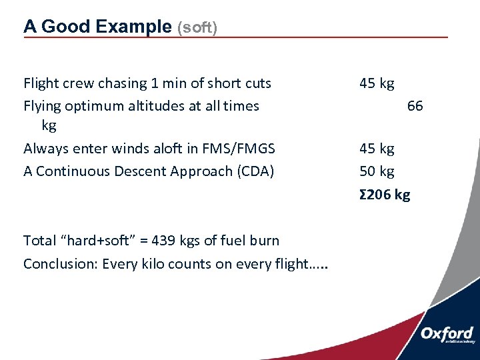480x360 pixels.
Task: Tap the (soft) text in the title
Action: pos(197,28)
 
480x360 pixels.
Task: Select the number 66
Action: pos(415,105)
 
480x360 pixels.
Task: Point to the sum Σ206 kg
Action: pos(385,195)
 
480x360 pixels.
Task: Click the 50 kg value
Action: pos(377,171)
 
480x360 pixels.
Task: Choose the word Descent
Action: pos(140,171)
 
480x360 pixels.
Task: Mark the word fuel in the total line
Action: pos(225,241)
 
